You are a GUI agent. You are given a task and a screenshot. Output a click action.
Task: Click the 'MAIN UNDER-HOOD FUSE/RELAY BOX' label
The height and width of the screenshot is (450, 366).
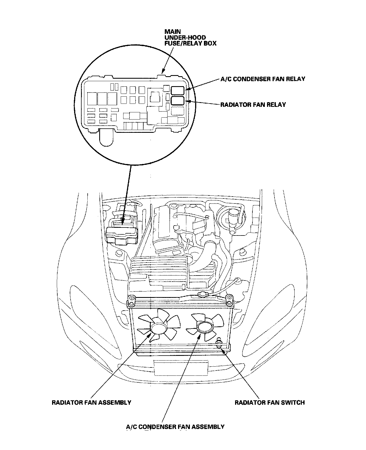click(x=190, y=38)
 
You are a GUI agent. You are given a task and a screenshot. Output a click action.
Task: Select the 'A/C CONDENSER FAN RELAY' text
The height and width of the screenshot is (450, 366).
click(x=263, y=79)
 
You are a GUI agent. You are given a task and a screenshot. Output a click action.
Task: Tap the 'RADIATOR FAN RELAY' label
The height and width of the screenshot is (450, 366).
click(x=253, y=105)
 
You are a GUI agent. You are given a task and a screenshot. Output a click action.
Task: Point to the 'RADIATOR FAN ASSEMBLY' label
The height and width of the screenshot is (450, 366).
click(x=91, y=402)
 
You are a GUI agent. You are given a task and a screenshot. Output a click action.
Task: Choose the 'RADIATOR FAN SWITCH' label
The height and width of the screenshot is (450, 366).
click(x=270, y=402)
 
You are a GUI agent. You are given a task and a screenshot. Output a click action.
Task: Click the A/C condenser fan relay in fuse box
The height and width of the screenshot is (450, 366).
click(x=178, y=90)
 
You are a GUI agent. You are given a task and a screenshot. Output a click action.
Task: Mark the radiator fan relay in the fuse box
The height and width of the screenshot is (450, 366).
click(x=178, y=100)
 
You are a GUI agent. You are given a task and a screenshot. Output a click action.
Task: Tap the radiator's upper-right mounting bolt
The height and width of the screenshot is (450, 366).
click(x=228, y=298)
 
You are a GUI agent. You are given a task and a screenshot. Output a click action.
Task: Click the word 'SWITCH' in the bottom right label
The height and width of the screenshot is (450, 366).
click(x=294, y=402)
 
